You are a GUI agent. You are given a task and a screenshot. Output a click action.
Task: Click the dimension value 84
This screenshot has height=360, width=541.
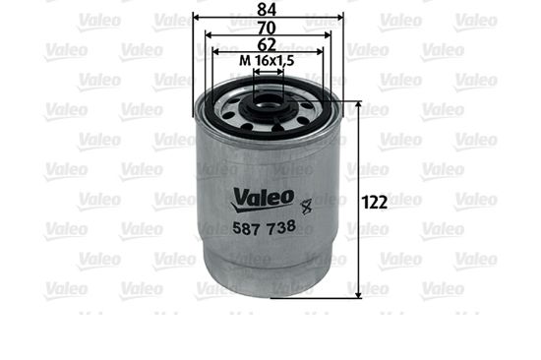[267, 9]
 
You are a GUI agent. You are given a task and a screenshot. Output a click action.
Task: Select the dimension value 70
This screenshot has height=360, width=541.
[267, 28]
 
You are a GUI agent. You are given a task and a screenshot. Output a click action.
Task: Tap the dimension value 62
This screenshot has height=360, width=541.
[267, 45]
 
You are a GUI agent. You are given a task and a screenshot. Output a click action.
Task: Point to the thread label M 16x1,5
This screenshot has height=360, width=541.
[267, 61]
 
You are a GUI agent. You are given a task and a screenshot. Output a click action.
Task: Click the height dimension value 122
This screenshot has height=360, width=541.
[375, 203]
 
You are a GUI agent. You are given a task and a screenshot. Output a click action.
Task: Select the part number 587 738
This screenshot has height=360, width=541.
[265, 227]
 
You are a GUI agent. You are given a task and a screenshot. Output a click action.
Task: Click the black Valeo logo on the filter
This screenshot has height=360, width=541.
[264, 199]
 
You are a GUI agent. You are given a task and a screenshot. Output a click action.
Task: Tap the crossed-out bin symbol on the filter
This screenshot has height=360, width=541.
[306, 208]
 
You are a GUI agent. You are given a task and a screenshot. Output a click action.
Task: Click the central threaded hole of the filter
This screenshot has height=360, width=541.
[269, 100]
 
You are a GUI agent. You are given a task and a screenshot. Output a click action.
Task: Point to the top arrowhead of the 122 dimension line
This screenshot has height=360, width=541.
[358, 104]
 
